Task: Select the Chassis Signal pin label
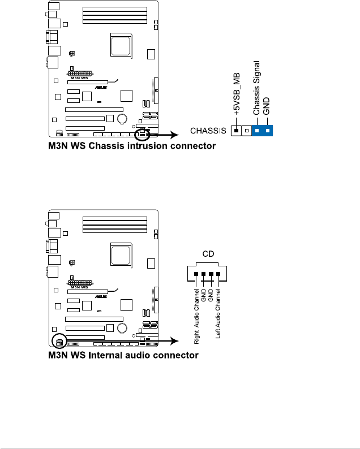coord(256,89)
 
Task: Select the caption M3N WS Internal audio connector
coord(123,356)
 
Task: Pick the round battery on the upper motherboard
coord(122,119)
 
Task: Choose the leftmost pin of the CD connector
coord(196,274)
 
